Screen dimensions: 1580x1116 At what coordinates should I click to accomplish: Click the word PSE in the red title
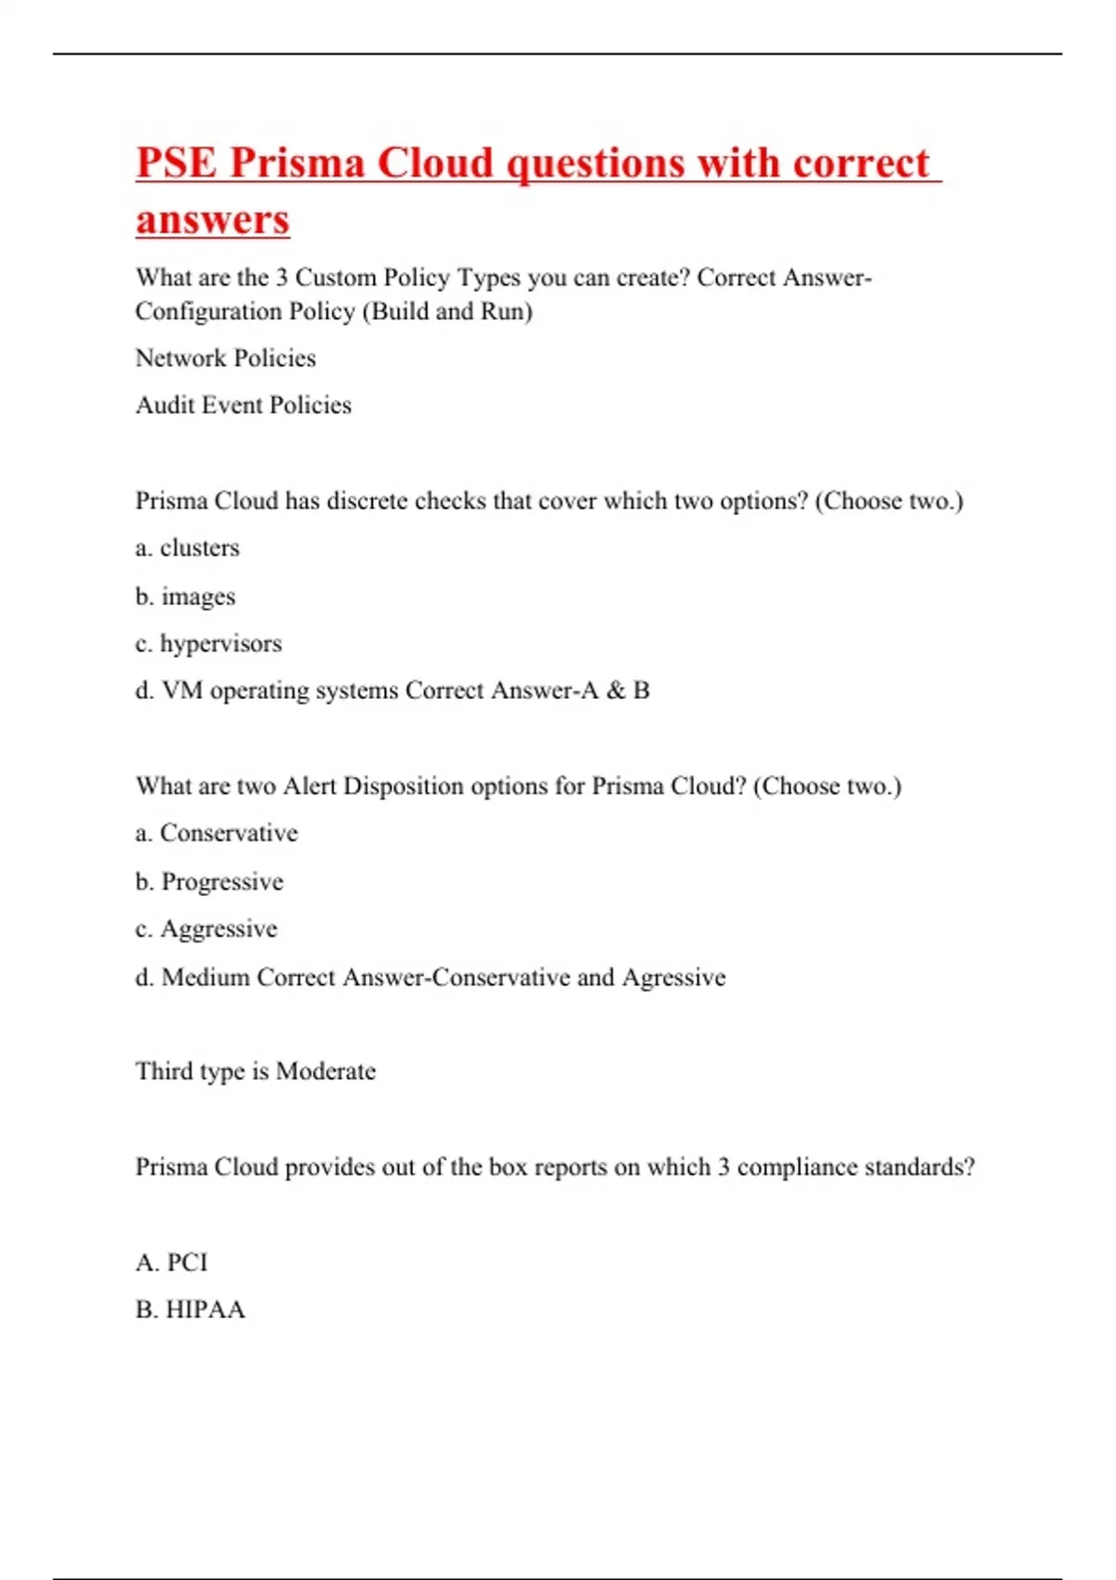coord(177,163)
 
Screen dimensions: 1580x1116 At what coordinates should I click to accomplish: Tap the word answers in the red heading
coord(213,220)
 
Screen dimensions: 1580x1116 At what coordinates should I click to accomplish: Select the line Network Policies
coord(226,358)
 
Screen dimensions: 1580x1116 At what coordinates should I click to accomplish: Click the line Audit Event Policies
coord(244,405)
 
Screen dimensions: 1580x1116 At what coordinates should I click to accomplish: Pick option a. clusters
coord(188,548)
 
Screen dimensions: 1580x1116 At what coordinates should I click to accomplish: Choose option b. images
coord(186,597)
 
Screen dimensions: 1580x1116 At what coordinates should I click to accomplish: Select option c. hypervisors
coord(208,643)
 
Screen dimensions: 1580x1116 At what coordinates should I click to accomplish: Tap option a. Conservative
coord(217,833)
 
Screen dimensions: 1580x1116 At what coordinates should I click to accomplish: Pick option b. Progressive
coord(209,881)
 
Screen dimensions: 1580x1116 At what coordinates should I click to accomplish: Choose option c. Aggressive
coord(206,928)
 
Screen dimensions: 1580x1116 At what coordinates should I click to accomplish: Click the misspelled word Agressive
coord(674,978)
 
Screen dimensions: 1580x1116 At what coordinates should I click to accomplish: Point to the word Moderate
coord(325,1072)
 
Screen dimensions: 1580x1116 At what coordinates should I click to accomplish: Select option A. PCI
coord(172,1262)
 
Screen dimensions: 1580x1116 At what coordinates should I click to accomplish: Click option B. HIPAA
coord(191,1310)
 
